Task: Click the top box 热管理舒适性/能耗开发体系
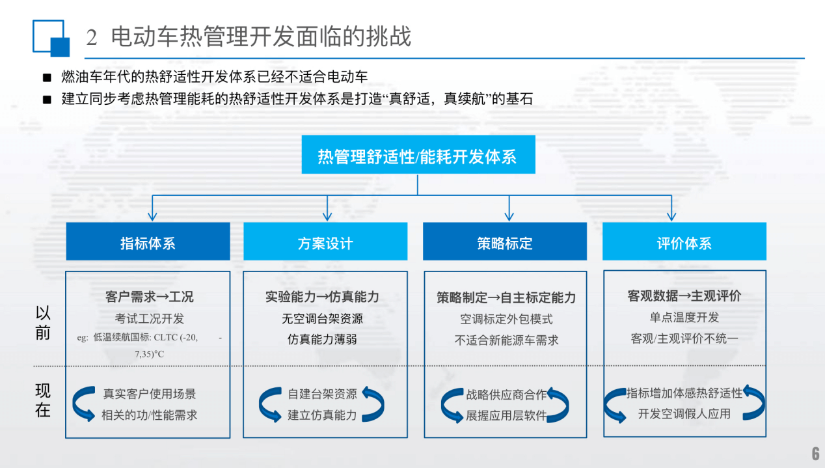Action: coord(418,155)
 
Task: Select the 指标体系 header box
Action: coord(148,242)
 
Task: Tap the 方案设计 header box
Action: coord(325,242)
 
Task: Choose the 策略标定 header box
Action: coord(504,242)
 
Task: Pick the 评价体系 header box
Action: coord(684,242)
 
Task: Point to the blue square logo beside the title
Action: coord(51,38)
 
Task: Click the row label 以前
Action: coord(43,323)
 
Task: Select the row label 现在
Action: coord(43,401)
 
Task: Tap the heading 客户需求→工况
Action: coord(149,297)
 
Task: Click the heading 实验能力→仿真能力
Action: coord(322,297)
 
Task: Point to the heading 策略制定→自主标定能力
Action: coord(506,297)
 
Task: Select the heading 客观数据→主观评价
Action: coord(684,296)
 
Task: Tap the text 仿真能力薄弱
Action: coord(322,339)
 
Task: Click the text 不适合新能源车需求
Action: coord(506,340)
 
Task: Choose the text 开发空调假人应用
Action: coord(684,414)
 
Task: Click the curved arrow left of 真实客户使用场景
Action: coord(83,404)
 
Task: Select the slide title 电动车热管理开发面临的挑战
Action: coord(261,36)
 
